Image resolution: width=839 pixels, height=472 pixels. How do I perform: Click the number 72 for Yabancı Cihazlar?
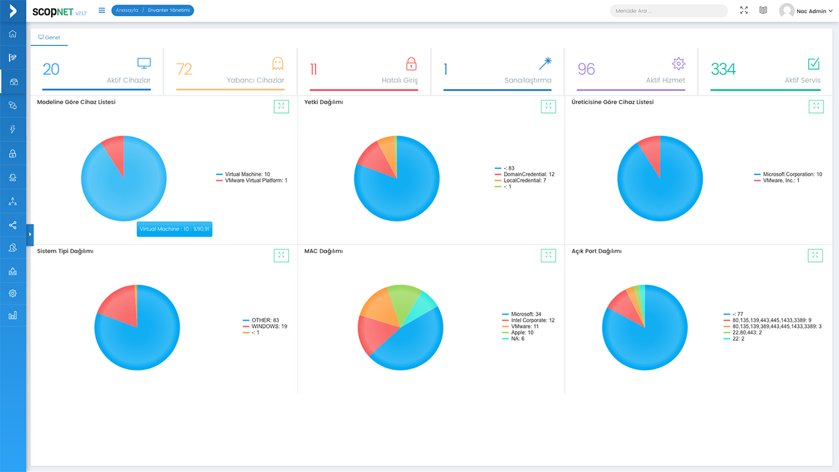point(184,69)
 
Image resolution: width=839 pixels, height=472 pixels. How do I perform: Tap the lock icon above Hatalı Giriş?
point(411,64)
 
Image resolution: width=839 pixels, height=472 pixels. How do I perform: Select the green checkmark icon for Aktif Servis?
point(814,64)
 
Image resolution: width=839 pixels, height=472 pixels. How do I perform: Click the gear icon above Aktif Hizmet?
point(678,64)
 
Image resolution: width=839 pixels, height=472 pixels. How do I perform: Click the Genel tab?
point(49,37)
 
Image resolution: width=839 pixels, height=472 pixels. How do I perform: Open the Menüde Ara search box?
point(669,11)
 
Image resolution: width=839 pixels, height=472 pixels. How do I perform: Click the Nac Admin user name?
point(811,11)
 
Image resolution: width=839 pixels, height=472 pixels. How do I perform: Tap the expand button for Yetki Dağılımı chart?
point(549,107)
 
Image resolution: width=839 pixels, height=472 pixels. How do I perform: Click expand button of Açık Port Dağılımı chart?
point(815,256)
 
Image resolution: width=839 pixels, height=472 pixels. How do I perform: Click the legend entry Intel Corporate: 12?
point(528,320)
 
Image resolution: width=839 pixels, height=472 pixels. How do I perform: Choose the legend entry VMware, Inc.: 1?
point(777,181)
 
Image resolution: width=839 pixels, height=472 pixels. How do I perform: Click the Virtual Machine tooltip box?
point(174,229)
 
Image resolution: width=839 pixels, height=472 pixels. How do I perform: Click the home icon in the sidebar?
point(13,34)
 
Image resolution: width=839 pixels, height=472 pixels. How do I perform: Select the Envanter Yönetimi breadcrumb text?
point(168,10)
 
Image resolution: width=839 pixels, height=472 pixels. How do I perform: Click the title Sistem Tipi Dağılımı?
point(65,251)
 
